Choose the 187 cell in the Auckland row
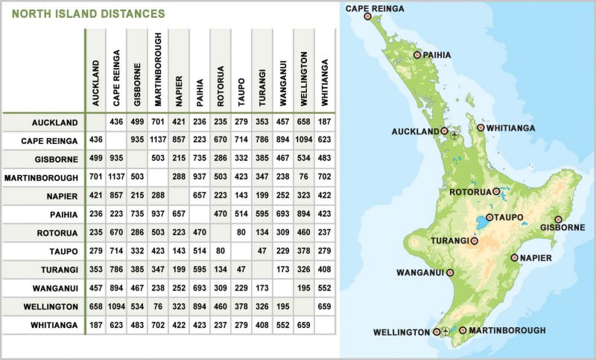pos(324,121)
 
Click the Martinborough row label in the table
pos(41,177)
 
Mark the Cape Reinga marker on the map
pos(367,13)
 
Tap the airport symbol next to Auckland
pos(454,136)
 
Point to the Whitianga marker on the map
pos(481,127)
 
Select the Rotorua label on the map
pos(469,192)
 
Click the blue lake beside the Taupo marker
pos(476,222)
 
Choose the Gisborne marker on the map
pos(558,219)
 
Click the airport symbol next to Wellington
pos(446,332)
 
